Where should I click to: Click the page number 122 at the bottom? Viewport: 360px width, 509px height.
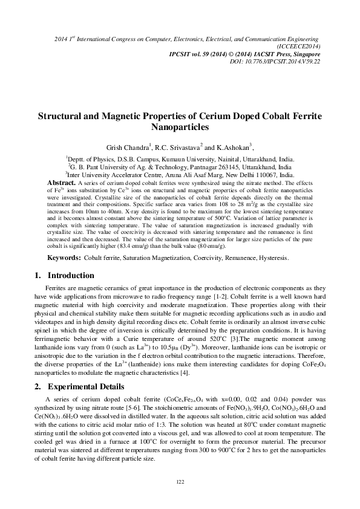point(180,481)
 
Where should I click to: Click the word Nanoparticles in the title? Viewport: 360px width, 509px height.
point(180,128)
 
